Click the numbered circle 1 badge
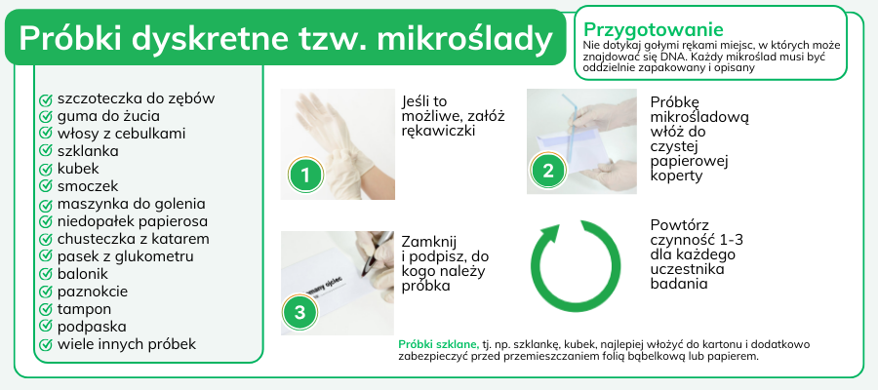305,175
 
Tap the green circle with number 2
548,170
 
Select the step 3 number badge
300,312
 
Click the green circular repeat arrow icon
576,266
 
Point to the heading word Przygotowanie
654,29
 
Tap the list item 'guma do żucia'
108,116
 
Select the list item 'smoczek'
88,186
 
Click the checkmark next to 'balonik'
45,275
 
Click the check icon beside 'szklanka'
45,152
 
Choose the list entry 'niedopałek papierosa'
132,221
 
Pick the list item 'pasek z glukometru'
126,256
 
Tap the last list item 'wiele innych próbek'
127,344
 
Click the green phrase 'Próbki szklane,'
438,345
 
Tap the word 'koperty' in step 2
676,175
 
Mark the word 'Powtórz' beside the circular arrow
680,225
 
